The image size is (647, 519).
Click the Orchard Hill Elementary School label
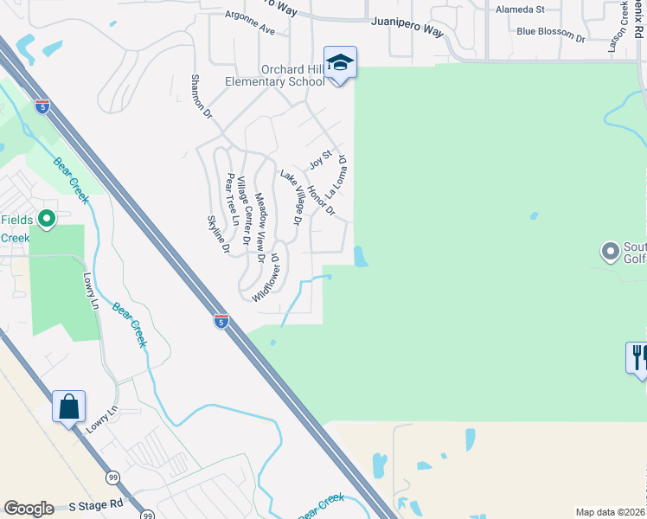tap(292, 75)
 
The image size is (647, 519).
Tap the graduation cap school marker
tap(341, 62)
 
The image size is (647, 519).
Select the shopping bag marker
tap(69, 406)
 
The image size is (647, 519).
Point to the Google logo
tap(29, 509)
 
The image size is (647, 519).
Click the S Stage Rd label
tap(97, 503)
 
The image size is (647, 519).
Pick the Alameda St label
tap(520, 10)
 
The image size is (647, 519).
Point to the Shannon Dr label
tap(202, 96)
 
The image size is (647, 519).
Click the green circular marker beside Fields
tap(48, 221)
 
